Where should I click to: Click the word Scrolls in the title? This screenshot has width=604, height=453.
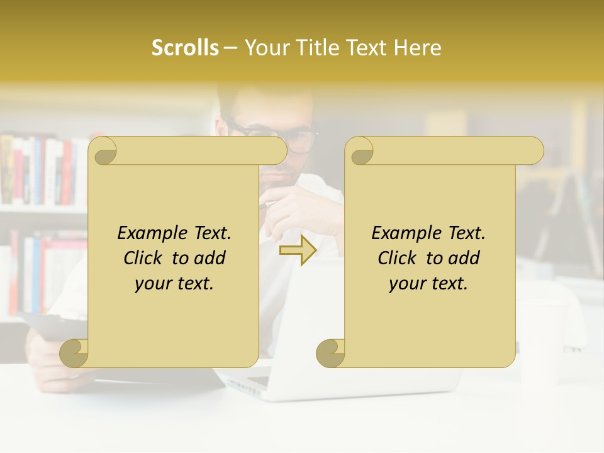(x=185, y=48)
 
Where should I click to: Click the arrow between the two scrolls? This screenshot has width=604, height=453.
(x=298, y=250)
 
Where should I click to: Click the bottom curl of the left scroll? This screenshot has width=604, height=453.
(x=74, y=353)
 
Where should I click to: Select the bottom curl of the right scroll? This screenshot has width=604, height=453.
(x=330, y=353)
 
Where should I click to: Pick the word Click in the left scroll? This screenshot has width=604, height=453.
(x=143, y=258)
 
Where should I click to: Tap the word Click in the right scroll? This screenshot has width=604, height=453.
(x=398, y=258)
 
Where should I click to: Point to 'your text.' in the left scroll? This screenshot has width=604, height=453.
(x=174, y=284)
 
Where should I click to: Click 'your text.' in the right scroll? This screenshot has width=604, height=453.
(x=428, y=284)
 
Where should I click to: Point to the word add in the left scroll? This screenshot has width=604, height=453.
(x=211, y=258)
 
